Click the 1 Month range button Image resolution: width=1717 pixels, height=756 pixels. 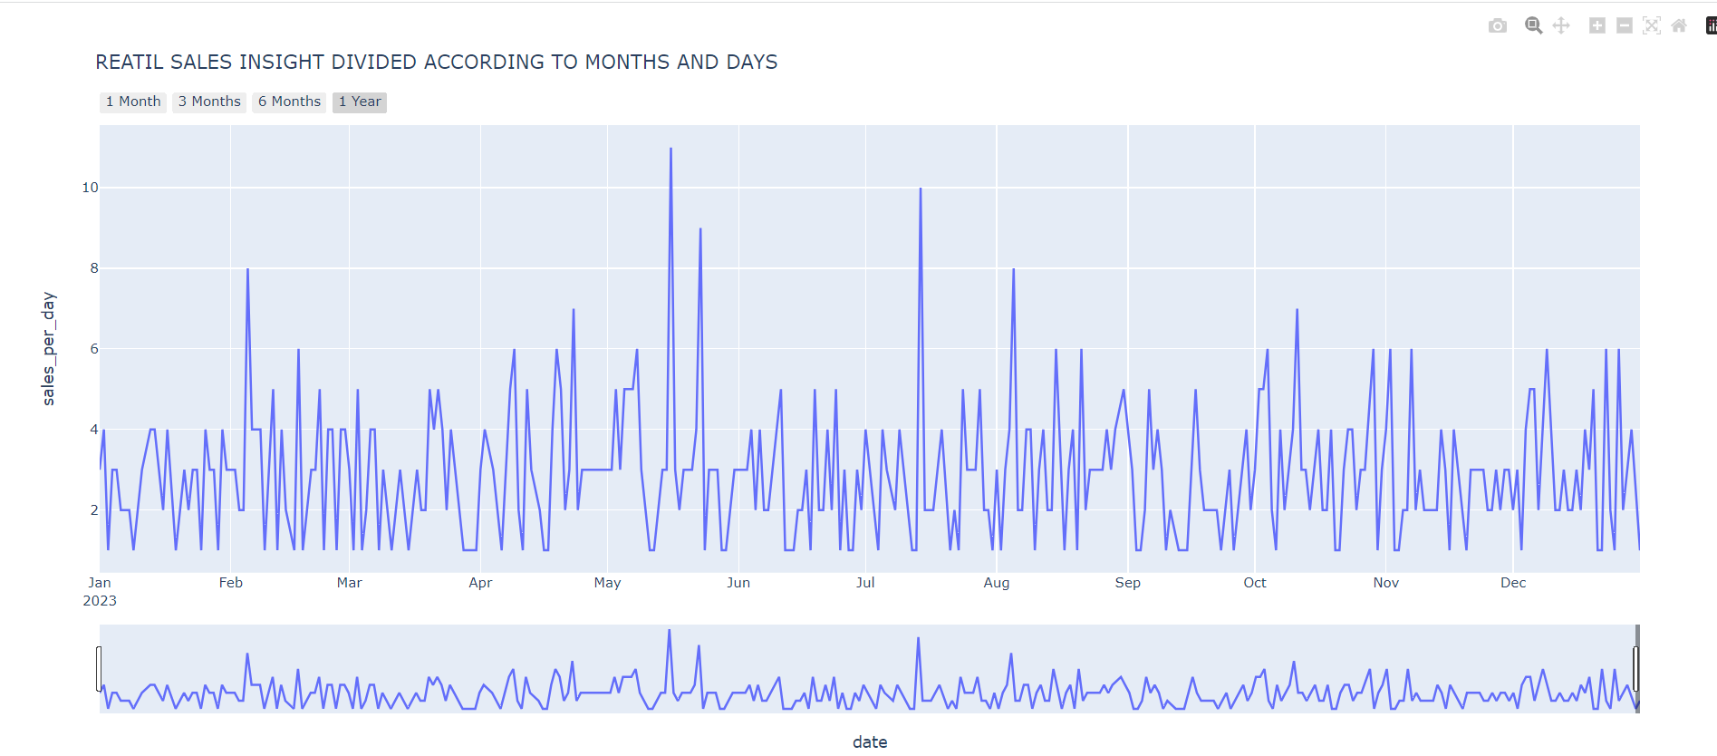point(133,102)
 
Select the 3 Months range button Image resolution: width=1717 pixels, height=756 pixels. point(209,102)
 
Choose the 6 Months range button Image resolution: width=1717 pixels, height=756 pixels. point(289,102)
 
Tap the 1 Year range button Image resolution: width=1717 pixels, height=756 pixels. point(360,102)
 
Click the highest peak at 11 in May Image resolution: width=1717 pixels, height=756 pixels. point(670,149)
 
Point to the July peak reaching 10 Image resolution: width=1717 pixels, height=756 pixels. point(921,189)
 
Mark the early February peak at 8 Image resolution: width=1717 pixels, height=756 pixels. point(247,269)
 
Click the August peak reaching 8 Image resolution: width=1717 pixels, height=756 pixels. point(1013,269)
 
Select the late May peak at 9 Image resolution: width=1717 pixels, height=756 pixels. point(700,229)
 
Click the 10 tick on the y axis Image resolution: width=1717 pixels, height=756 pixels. point(90,188)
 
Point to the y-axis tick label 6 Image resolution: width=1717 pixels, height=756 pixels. point(94,349)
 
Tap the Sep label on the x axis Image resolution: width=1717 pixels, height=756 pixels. point(1127,583)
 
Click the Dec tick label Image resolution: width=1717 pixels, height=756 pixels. point(1513,583)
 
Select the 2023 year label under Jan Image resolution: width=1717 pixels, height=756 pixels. point(100,601)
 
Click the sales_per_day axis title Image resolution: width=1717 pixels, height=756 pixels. point(49,348)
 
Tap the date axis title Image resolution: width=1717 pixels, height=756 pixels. point(870,742)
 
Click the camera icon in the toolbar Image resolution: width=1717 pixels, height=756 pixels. point(1498,25)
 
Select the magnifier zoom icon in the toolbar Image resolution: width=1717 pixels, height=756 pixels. point(1533,25)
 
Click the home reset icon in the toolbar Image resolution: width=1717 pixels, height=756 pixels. point(1679,25)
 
